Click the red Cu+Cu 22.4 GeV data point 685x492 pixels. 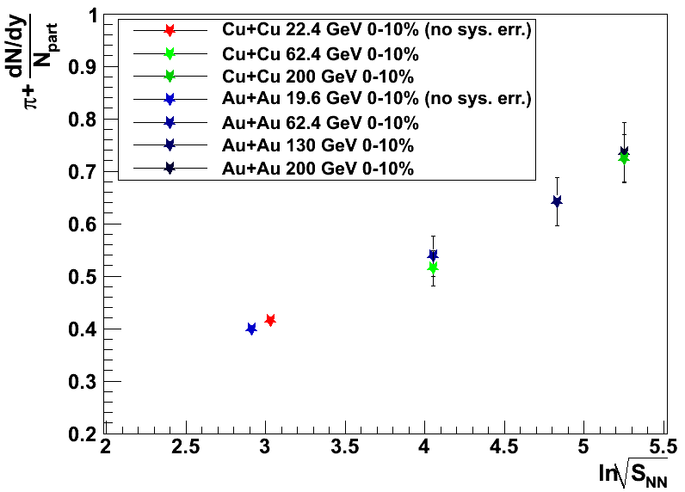click(x=270, y=320)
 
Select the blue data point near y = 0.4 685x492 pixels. click(x=251, y=329)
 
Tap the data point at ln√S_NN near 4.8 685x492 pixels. click(x=557, y=201)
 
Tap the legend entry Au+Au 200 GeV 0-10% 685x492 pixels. click(x=318, y=169)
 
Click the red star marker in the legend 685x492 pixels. click(x=170, y=31)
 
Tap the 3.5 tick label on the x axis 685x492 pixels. click(x=344, y=448)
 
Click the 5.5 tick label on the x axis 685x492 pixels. click(x=662, y=448)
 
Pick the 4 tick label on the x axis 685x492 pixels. click(x=424, y=448)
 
